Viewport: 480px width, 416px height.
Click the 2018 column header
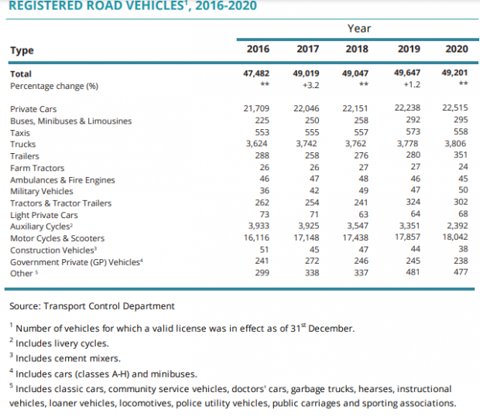(357, 49)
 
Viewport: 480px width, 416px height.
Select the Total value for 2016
(256, 73)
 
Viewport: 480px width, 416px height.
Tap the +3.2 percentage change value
(310, 85)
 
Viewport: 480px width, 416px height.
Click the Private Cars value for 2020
(455, 108)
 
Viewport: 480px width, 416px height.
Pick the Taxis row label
(20, 133)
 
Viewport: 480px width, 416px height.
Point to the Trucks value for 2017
(306, 144)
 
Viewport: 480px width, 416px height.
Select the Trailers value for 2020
(461, 155)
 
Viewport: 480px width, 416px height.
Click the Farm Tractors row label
(37, 168)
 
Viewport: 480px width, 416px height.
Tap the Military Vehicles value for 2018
(363, 190)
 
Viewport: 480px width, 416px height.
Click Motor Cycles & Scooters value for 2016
(256, 237)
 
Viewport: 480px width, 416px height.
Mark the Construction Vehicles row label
(53, 250)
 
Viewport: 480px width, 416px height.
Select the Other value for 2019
(413, 272)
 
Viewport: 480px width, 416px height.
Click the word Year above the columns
(359, 29)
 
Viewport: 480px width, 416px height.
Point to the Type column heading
(22, 50)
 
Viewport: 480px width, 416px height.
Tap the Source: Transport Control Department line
(92, 306)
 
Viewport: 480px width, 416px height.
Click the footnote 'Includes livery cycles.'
(59, 343)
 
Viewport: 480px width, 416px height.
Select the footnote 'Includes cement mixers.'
(64, 358)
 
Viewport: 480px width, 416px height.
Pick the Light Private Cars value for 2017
(314, 214)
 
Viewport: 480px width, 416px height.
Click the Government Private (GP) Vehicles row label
(77, 262)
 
